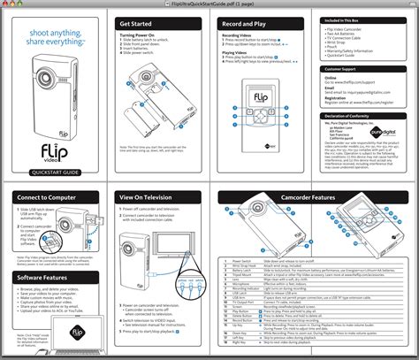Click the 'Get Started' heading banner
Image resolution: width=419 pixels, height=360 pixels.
click(136, 22)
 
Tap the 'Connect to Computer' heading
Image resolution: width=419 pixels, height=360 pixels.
click(49, 198)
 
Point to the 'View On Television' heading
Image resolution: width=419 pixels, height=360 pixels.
click(150, 198)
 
